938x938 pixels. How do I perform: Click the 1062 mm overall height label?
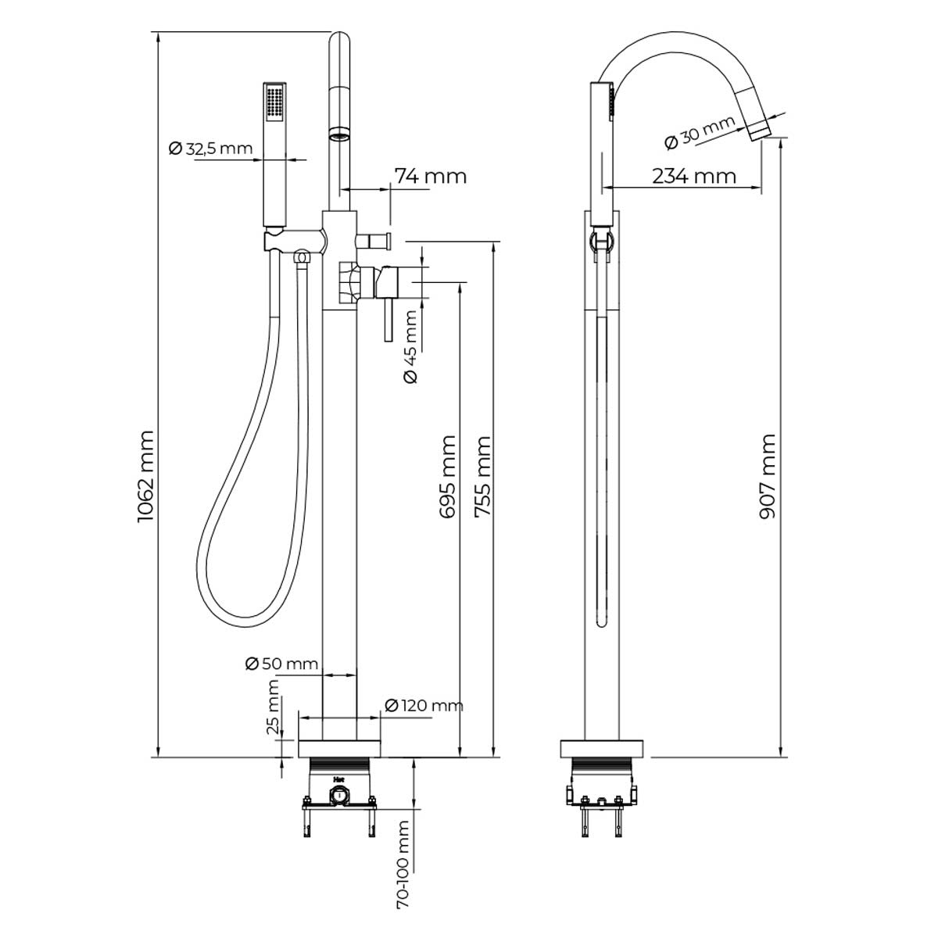(x=145, y=476)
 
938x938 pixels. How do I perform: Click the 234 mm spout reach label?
(x=693, y=176)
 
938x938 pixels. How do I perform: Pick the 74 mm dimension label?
(x=430, y=176)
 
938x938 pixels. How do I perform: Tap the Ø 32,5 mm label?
(x=211, y=148)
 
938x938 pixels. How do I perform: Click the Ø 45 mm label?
(x=410, y=346)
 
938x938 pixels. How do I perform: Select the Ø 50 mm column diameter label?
(x=282, y=663)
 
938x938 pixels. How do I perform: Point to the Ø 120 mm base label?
(x=424, y=705)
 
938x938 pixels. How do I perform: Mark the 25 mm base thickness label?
(x=273, y=707)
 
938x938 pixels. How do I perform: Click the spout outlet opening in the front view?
(x=340, y=134)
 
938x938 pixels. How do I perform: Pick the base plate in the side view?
(x=602, y=749)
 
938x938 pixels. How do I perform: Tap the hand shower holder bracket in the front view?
(x=295, y=241)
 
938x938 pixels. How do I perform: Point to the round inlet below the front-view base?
(x=339, y=796)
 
